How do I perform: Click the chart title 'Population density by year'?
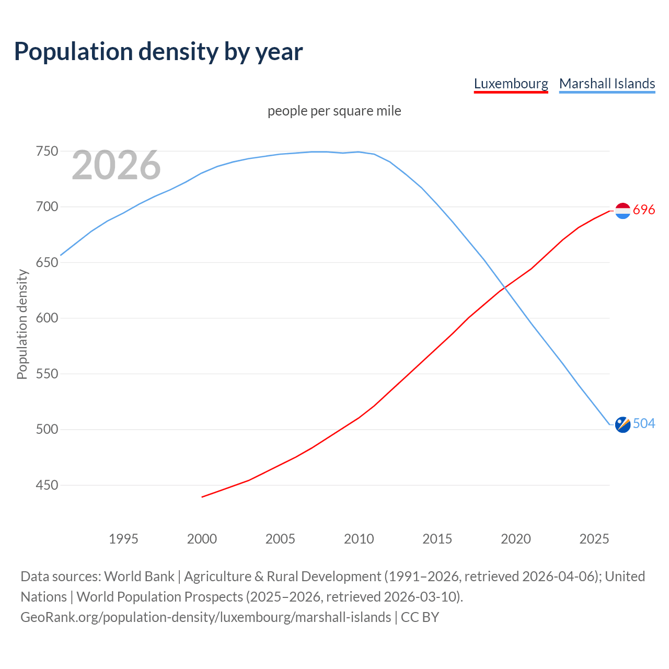(x=158, y=51)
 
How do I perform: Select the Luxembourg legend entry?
(x=511, y=84)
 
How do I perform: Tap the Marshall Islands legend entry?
(x=607, y=84)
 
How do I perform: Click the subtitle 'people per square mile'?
(x=334, y=111)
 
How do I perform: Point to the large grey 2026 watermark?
(x=116, y=165)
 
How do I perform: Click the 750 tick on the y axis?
(x=47, y=152)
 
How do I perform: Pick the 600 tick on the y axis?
(x=47, y=318)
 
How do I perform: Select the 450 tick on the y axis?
(x=47, y=486)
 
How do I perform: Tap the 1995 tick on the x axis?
(x=123, y=539)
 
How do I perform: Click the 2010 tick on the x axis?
(x=359, y=539)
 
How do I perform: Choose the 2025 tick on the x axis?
(x=594, y=539)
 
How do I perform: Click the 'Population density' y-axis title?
(x=22, y=324)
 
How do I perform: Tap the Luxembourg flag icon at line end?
(x=622, y=210)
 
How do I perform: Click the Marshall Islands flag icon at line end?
(x=622, y=424)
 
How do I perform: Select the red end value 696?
(x=644, y=210)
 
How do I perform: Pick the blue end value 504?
(x=644, y=424)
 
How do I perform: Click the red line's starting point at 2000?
(x=202, y=497)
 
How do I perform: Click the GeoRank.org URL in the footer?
(x=205, y=617)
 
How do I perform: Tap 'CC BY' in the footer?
(x=420, y=617)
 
